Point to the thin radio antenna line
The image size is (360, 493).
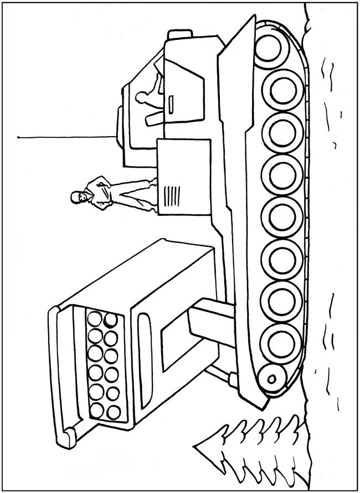[72, 136]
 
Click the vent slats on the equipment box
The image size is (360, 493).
[173, 195]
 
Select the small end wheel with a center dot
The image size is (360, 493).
[272, 378]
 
